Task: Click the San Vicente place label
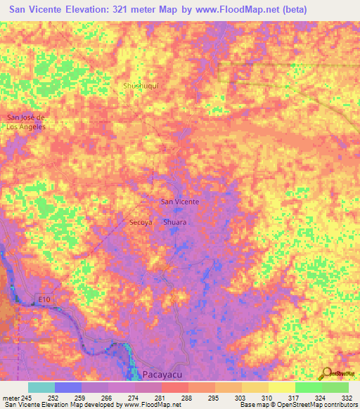180,202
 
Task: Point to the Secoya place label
141,222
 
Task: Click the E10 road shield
44,299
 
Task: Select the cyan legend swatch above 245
41,387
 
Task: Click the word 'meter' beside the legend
11,397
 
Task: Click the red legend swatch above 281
174,387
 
